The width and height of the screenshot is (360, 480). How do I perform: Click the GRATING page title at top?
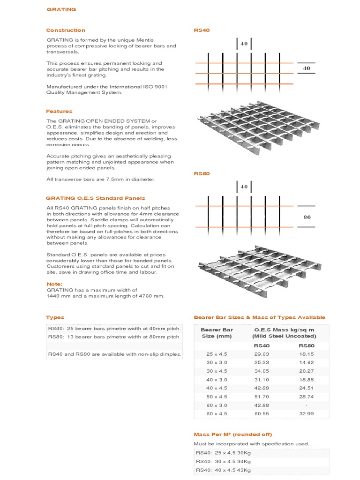point(61,9)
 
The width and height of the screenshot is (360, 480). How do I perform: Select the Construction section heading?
point(66,30)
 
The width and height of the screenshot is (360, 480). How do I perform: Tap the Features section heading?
point(59,112)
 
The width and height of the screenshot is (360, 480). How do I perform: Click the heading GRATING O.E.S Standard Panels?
point(96,198)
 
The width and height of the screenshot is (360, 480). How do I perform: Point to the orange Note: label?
point(54,284)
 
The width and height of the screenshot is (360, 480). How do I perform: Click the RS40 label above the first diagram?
point(202,30)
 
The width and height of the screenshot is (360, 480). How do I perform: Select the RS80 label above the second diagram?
point(202,173)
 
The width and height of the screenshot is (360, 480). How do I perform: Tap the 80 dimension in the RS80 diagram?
point(307,217)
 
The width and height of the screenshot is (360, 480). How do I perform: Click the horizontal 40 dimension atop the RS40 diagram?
point(244,44)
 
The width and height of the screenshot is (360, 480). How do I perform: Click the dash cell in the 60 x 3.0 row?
point(306,405)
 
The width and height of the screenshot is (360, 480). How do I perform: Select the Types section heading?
point(55,317)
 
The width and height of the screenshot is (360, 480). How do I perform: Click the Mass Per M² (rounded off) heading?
point(232,434)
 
